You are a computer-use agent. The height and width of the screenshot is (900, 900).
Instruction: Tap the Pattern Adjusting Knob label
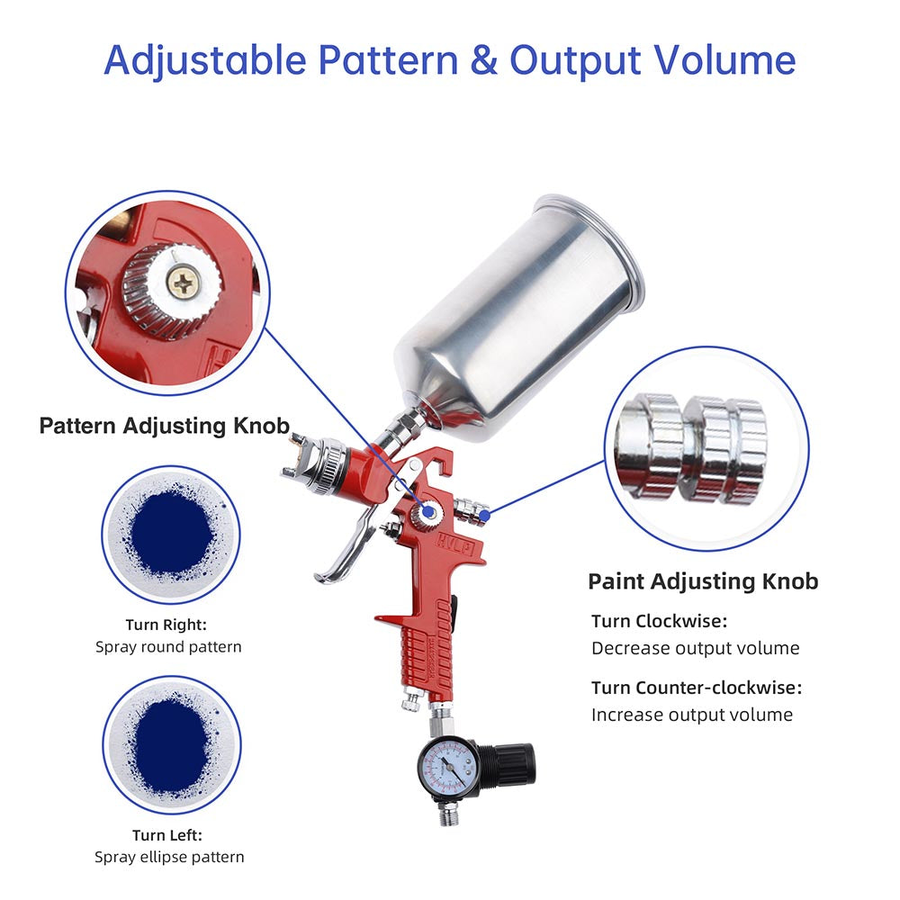pyautogui.click(x=165, y=426)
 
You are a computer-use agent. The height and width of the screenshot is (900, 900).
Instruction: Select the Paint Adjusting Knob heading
pyautogui.click(x=703, y=581)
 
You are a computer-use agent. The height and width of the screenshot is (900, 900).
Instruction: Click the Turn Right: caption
pyautogui.click(x=167, y=625)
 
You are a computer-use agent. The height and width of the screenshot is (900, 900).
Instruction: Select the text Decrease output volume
pyautogui.click(x=695, y=648)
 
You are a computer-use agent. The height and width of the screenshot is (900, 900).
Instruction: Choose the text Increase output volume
pyautogui.click(x=691, y=715)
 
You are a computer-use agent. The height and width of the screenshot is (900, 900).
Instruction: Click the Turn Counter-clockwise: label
pyautogui.click(x=696, y=688)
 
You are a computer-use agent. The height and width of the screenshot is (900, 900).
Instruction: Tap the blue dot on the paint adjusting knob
pyautogui.click(x=484, y=515)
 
